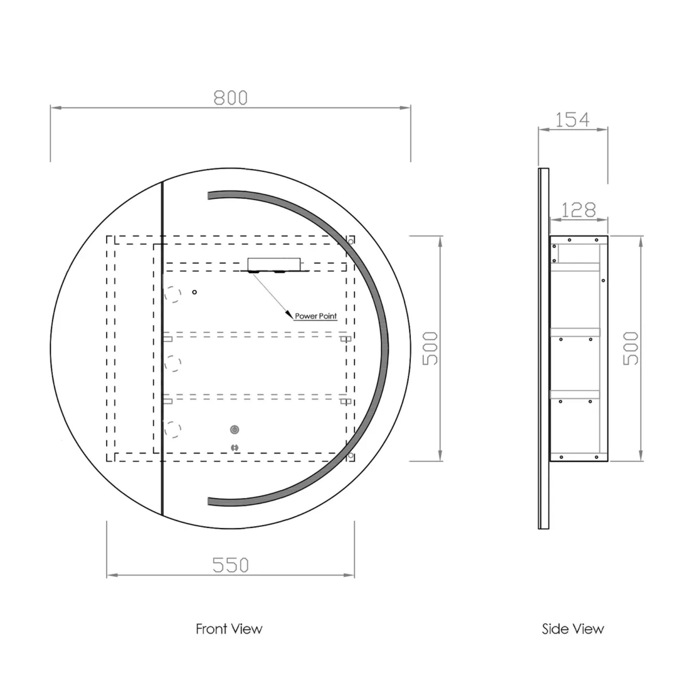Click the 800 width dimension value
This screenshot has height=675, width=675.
pyautogui.click(x=230, y=98)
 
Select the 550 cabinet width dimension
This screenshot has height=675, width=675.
pyautogui.click(x=230, y=565)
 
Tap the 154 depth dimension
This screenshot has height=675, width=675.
pyautogui.click(x=572, y=120)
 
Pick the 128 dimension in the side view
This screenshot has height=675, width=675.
pyautogui.click(x=578, y=210)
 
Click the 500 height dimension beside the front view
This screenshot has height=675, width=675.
pyautogui.click(x=430, y=348)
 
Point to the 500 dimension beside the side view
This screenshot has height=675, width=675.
pyautogui.click(x=631, y=348)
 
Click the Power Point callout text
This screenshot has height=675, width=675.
pyautogui.click(x=316, y=316)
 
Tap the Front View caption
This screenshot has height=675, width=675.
pyautogui.click(x=229, y=629)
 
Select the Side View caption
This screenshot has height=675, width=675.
pyautogui.click(x=573, y=629)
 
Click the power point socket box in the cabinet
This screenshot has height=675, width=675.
pyautogui.click(x=274, y=264)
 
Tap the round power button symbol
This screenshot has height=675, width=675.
pyautogui.click(x=235, y=429)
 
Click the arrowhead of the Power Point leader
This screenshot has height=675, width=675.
pyautogui.click(x=289, y=315)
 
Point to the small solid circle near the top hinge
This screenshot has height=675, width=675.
pyautogui.click(x=194, y=292)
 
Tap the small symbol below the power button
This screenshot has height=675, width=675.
pyautogui.click(x=235, y=448)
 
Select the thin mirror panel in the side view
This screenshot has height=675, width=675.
pyautogui.click(x=543, y=348)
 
